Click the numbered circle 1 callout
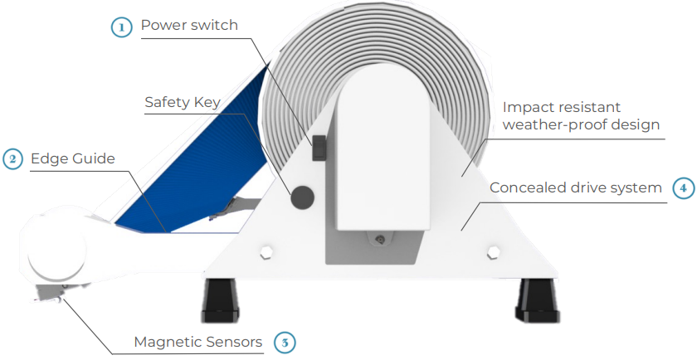pyautogui.click(x=121, y=26)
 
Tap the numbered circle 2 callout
pyautogui.click(x=12, y=158)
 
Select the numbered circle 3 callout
pyautogui.click(x=284, y=341)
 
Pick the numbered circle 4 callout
pyautogui.click(x=683, y=187)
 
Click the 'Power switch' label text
pyautogui.click(x=189, y=25)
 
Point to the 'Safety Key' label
pyautogui.click(x=183, y=103)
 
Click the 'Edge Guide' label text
pyautogui.click(x=73, y=158)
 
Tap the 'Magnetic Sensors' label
pyautogui.click(x=198, y=342)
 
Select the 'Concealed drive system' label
pyautogui.click(x=575, y=187)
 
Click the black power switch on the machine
pyautogui.click(x=318, y=148)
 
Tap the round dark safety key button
pyautogui.click(x=301, y=197)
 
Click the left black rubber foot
pyautogui.click(x=220, y=299)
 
